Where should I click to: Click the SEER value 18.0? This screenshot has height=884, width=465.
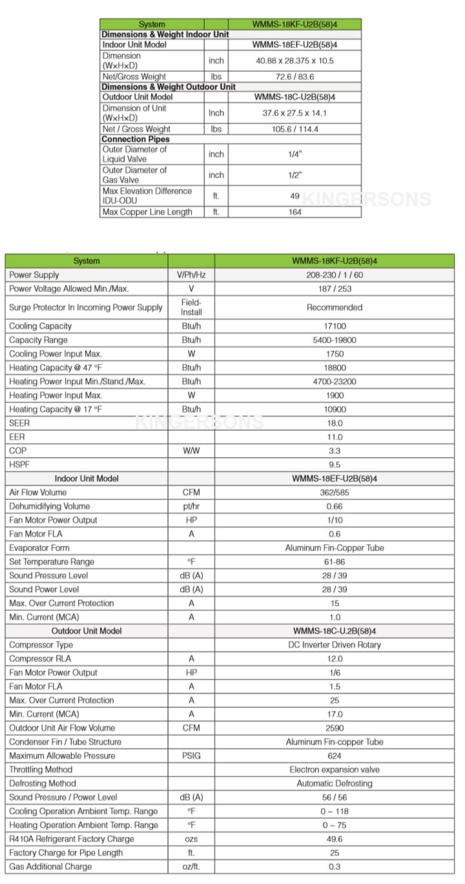[x=335, y=424]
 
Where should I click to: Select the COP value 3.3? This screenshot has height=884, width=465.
[x=335, y=451]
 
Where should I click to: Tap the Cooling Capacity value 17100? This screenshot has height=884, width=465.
[x=335, y=326]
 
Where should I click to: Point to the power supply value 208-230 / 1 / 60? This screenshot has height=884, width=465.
[x=335, y=275]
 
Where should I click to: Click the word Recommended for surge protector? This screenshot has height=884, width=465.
[x=335, y=307]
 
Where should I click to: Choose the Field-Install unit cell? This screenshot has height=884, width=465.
[x=191, y=307]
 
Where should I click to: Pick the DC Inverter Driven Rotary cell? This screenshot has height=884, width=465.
[x=335, y=644]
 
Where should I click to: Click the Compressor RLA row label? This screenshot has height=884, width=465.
[x=40, y=659]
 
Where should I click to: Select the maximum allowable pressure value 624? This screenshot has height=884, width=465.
[x=335, y=756]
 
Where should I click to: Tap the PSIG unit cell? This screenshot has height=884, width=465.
[x=191, y=756]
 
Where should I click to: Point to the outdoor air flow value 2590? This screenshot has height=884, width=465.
[x=335, y=728]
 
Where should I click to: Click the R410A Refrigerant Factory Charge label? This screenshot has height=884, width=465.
[x=72, y=839]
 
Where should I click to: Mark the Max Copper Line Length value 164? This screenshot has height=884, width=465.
[x=295, y=212]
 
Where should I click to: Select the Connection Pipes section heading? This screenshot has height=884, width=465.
[x=136, y=139]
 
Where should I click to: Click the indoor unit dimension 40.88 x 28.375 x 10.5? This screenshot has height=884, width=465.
[x=295, y=61]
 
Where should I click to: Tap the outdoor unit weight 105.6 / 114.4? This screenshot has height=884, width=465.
[x=295, y=129]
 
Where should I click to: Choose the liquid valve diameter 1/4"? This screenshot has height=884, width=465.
[x=295, y=154]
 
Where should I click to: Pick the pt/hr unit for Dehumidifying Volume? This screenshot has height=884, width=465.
[x=191, y=506]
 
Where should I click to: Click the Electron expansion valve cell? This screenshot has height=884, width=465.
[x=335, y=770]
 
